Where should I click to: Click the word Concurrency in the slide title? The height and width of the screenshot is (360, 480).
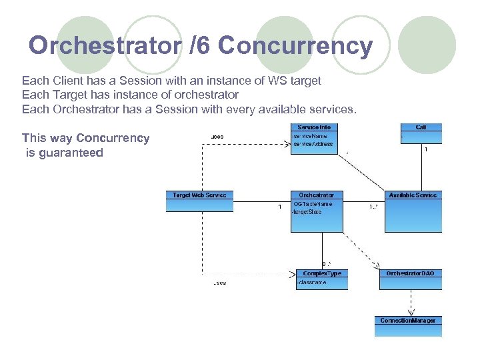tap(295, 45)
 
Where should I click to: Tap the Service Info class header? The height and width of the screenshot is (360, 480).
tap(314, 127)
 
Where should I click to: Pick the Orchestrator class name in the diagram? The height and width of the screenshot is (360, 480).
tap(317, 195)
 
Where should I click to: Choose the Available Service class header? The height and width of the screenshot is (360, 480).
tap(413, 195)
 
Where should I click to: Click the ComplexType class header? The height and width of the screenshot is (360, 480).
tap(321, 273)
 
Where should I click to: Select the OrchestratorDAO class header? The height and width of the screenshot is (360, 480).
tap(411, 273)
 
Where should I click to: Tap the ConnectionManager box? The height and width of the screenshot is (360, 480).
tap(408, 321)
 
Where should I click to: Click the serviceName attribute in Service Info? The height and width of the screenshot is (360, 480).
tap(311, 136)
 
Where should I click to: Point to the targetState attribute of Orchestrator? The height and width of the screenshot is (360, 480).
tap(308, 212)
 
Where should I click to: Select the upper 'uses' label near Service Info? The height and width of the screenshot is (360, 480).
tap(217, 137)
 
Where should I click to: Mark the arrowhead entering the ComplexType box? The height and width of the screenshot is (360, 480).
tap(293, 273)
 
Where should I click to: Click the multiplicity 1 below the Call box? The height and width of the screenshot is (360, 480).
tap(426, 149)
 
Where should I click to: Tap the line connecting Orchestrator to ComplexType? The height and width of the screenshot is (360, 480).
tap(322, 250)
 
